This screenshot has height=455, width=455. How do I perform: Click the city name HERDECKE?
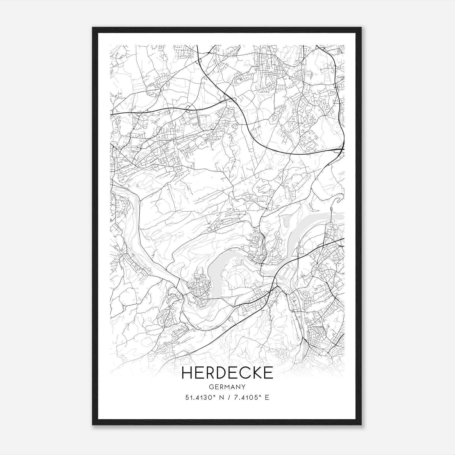point(227,373)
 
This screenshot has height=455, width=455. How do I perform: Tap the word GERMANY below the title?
point(227,387)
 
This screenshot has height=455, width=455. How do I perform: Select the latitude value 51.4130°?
point(200,398)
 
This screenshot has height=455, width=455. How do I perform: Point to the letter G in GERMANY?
point(211,387)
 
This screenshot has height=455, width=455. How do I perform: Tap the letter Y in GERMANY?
point(243,387)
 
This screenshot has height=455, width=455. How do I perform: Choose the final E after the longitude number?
point(267,398)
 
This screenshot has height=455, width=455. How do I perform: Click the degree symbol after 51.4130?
point(216,396)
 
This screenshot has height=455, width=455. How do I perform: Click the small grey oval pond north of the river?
point(287,219)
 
